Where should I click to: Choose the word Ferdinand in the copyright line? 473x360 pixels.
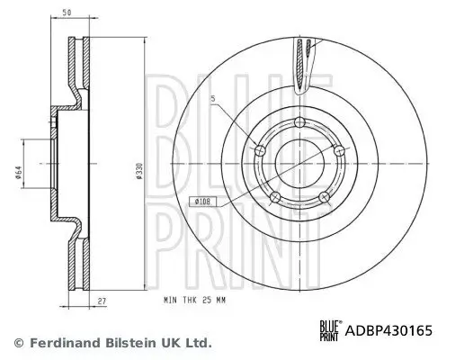[60, 343]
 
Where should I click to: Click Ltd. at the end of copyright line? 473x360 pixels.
[199, 343]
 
